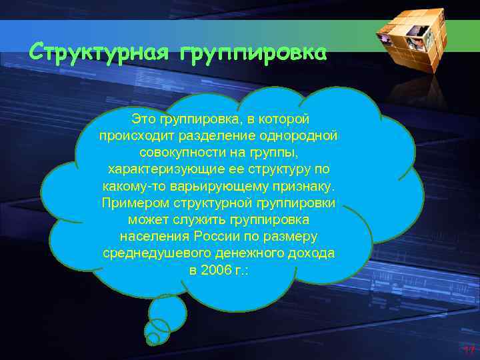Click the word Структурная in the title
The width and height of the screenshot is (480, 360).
(99, 52)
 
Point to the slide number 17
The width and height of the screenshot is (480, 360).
(467, 350)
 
